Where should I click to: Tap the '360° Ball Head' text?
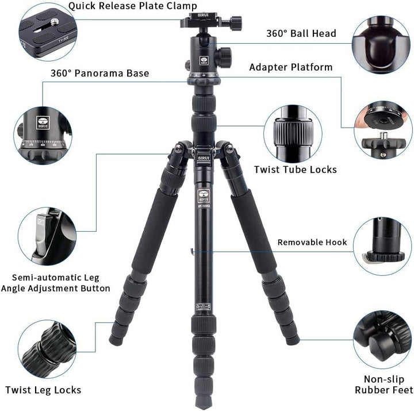pos(301,33)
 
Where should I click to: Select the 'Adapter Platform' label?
pos(290,67)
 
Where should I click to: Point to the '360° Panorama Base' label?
pos(99,73)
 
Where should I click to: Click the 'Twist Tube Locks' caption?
pos(295,170)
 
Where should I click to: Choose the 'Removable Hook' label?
pos(312,242)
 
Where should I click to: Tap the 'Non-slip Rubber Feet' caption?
pos(384,385)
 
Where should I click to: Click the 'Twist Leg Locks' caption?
pos(43,390)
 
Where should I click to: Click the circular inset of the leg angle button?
pos(47,235)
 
